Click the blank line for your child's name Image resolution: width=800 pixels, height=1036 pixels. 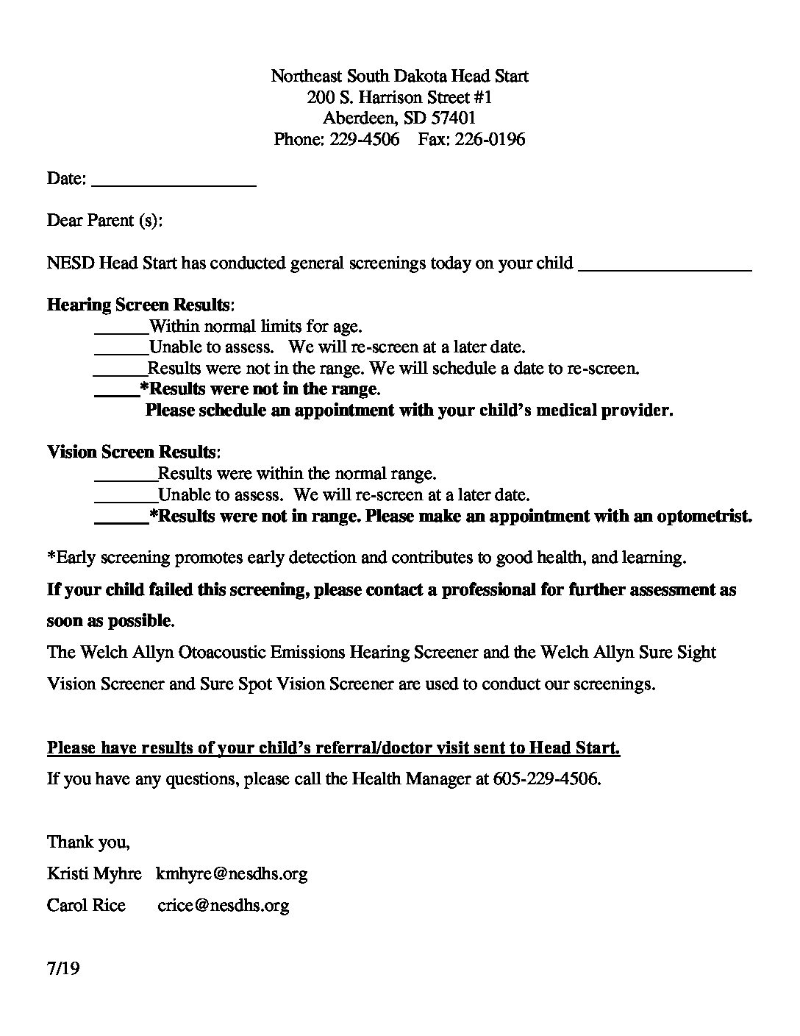(665, 269)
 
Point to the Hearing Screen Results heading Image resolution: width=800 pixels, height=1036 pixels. (140, 305)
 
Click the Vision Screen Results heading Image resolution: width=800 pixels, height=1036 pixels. (133, 452)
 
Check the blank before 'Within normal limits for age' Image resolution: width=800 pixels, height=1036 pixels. (121, 331)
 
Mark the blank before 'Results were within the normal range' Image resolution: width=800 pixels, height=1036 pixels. (126, 478)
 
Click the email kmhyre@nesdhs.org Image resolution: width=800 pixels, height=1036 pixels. (232, 873)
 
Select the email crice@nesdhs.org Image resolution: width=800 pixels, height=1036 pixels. (224, 905)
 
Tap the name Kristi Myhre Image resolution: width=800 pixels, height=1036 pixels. (94, 873)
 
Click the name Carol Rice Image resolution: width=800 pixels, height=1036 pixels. (86, 905)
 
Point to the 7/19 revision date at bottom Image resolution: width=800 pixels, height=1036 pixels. (63, 968)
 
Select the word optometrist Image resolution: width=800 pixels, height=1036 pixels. (702, 517)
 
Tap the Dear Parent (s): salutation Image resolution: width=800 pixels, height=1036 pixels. (104, 220)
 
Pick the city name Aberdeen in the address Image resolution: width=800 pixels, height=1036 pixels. (360, 118)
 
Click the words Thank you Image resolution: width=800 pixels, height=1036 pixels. (88, 842)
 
